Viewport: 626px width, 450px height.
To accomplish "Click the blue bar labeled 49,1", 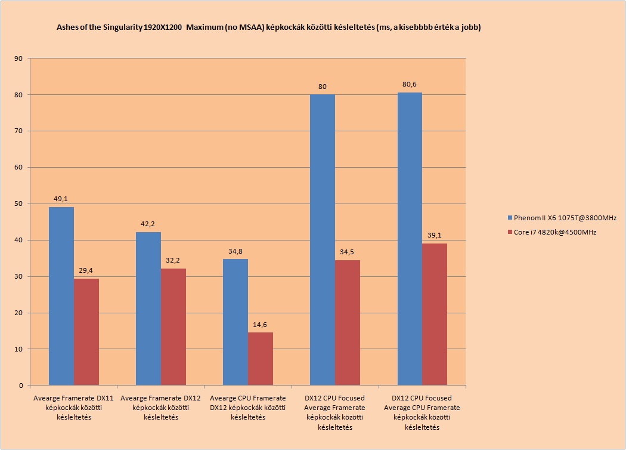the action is tap(61, 296).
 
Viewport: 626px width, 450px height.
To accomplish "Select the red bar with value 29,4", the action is tap(86, 332).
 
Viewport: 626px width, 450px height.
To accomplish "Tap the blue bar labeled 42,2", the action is tap(148, 309).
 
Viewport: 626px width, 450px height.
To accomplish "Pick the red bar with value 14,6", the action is tap(261, 359).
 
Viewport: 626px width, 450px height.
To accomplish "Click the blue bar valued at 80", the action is tap(323, 240).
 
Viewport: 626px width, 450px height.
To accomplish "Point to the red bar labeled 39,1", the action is tap(435, 315).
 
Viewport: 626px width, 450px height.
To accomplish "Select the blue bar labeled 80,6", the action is tap(410, 239).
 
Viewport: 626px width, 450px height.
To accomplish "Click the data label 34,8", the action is tap(235, 251).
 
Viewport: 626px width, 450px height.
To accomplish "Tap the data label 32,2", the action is tap(173, 261).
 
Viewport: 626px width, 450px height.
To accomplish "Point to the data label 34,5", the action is tap(347, 252).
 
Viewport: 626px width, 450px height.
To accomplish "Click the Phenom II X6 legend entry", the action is tap(562, 218).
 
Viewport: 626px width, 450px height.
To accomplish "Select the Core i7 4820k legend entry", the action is tap(551, 232).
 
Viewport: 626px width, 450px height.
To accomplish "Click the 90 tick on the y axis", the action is tap(18, 58).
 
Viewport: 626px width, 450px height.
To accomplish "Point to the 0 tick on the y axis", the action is tap(21, 386).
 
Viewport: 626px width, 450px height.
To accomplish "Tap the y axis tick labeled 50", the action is tap(18, 204).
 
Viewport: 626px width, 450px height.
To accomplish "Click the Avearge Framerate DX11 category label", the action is tap(73, 408).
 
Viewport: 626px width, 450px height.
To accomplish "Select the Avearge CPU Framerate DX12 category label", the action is tap(248, 408).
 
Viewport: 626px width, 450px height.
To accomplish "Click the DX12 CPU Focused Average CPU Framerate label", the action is tap(422, 412).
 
